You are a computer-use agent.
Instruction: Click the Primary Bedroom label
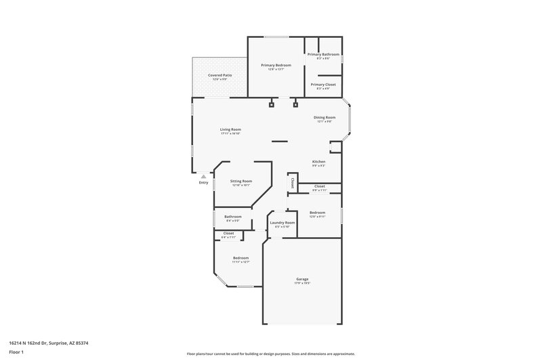pyautogui.click(x=276, y=65)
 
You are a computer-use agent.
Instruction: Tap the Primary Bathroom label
pyautogui.click(x=323, y=54)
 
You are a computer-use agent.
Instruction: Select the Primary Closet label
pyautogui.click(x=323, y=85)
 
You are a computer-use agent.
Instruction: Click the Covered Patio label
pyautogui.click(x=220, y=75)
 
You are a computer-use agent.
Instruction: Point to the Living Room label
pyautogui.click(x=230, y=129)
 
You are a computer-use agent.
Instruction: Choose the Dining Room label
pyautogui.click(x=325, y=118)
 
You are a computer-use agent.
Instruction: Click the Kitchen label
pyautogui.click(x=318, y=161)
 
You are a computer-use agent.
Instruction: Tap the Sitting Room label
pyautogui.click(x=241, y=181)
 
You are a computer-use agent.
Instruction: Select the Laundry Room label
pyautogui.click(x=282, y=222)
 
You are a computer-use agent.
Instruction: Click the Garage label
pyautogui.click(x=302, y=278)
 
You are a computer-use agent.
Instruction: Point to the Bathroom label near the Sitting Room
pyautogui.click(x=233, y=216)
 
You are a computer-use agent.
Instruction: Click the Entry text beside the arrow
pyautogui.click(x=203, y=182)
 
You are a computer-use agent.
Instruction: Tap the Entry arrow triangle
pyautogui.click(x=203, y=176)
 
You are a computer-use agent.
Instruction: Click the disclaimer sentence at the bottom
pyautogui.click(x=270, y=354)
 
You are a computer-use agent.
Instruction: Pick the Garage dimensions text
pyautogui.click(x=302, y=283)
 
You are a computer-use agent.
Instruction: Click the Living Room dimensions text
pyautogui.click(x=230, y=133)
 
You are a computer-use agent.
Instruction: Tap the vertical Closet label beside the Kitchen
pyautogui.click(x=292, y=182)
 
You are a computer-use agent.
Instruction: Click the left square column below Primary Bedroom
pyautogui.click(x=272, y=105)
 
